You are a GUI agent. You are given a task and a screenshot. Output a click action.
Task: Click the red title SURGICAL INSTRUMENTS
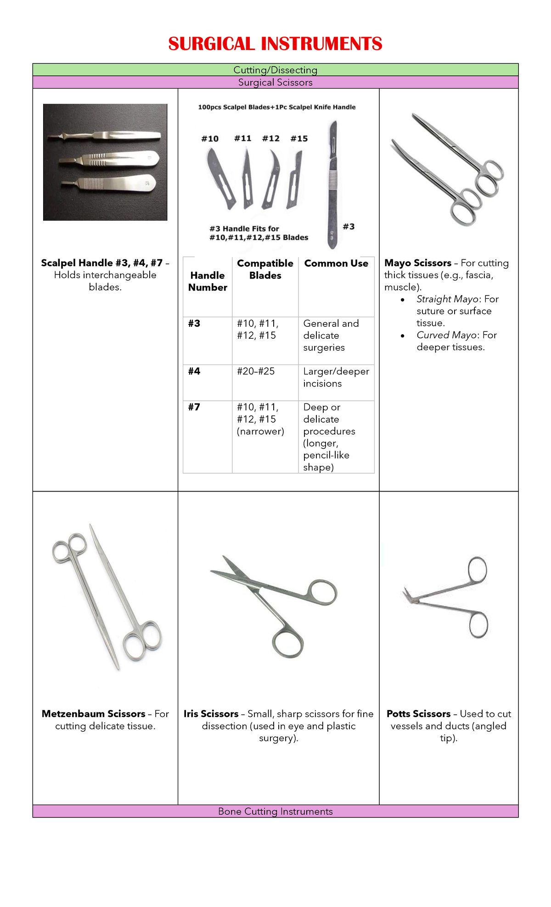point(275,44)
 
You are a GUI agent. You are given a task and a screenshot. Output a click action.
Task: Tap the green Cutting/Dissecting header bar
point(275,70)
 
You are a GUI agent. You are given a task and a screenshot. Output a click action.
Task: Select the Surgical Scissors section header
point(275,83)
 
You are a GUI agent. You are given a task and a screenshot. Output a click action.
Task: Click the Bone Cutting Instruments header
point(275,812)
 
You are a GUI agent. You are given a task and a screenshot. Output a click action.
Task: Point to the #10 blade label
point(210,139)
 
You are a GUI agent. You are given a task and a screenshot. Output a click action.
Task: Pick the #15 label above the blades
point(299,139)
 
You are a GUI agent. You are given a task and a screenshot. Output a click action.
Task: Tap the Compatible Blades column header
point(265,269)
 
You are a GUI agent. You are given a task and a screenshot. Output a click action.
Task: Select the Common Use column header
point(336,263)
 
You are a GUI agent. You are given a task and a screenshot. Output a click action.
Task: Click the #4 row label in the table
point(194,371)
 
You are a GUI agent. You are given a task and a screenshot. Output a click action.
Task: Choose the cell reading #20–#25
point(256,371)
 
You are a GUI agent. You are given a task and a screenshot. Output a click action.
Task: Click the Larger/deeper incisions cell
point(336,377)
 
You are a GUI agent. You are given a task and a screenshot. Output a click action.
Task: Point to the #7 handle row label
point(194,407)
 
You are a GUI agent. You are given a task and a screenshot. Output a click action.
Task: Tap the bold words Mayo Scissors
point(418,263)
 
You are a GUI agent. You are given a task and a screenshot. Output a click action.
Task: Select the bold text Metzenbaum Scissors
point(94,714)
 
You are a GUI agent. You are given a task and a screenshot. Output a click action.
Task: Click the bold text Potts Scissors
point(418,714)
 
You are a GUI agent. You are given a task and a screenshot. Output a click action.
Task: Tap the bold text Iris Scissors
point(211,714)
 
